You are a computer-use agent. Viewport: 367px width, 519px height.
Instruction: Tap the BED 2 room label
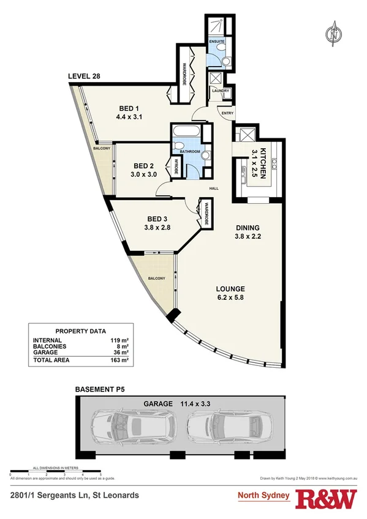(143, 166)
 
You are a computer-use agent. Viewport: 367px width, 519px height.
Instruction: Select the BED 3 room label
(140, 219)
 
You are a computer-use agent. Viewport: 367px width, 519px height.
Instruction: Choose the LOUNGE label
(230, 289)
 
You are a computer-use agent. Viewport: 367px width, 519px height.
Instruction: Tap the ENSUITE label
(218, 41)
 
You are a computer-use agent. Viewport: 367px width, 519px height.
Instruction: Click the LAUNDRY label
(220, 91)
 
